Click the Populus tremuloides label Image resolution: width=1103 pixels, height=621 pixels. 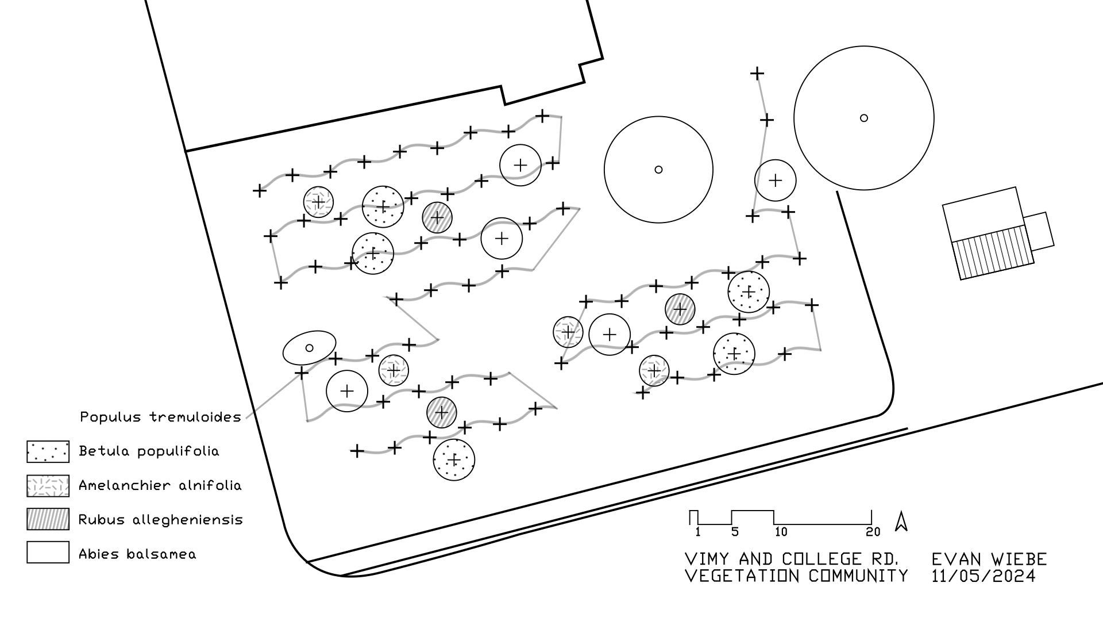point(160,417)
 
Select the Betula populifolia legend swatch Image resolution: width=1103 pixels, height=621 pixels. point(48,451)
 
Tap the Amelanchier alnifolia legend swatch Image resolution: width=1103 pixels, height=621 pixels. point(48,485)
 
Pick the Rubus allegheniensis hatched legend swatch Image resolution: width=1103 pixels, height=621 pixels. point(48,519)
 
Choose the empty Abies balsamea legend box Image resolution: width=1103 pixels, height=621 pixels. point(48,552)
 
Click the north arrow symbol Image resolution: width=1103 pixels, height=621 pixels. point(901,521)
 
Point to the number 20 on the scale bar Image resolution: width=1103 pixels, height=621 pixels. point(873,532)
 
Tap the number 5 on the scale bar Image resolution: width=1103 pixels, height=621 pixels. point(735,532)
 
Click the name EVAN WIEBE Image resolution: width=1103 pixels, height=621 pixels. point(989,559)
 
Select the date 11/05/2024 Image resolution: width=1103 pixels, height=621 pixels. point(984,576)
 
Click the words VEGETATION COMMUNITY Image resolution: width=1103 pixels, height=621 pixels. point(796,576)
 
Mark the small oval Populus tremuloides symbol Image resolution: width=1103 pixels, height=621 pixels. point(309,347)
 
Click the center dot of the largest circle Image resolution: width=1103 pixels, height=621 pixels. point(863,118)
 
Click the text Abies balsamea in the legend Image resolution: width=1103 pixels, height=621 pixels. point(137,554)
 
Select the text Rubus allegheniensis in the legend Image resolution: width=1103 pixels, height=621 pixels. point(160,520)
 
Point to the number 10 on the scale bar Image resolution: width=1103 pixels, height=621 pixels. point(781,532)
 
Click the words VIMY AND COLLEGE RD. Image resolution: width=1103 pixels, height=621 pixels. point(792,559)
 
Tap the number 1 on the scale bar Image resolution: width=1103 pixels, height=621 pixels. point(697,532)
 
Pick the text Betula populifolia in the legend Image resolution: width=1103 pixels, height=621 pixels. point(149,451)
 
